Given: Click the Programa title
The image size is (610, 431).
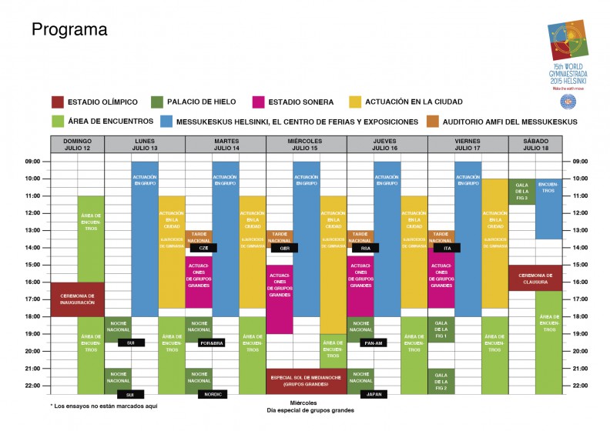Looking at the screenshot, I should [69, 30].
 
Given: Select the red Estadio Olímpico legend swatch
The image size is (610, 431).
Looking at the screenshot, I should [57, 102].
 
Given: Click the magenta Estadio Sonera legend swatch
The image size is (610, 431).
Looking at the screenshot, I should [259, 102].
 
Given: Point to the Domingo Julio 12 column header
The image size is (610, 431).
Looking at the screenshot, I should [77, 145].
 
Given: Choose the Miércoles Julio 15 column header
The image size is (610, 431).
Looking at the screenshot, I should [306, 145].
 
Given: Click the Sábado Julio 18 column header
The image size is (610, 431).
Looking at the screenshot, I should [535, 145].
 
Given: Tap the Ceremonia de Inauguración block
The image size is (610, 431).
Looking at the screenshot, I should [77, 299].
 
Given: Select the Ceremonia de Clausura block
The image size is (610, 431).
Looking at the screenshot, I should [535, 277].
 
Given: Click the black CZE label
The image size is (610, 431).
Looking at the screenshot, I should [203, 248].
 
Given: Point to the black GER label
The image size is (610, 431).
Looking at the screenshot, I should [284, 248].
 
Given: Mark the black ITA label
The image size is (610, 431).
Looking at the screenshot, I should [447, 248].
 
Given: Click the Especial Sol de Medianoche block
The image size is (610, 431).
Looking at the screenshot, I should [306, 380].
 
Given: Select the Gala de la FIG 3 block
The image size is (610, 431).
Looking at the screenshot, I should [521, 191].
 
